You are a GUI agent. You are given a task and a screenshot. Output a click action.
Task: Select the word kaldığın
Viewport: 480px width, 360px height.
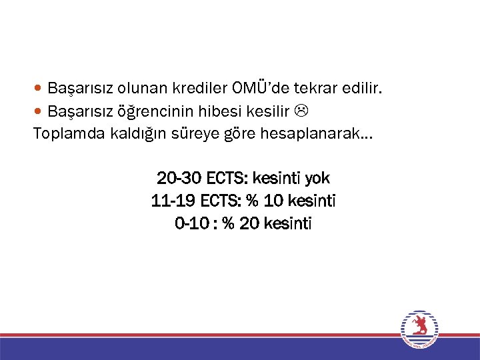point(133,135)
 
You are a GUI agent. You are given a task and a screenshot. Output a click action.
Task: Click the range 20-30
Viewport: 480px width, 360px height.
point(179,179)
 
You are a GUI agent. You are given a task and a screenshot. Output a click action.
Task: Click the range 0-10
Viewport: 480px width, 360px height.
point(191,224)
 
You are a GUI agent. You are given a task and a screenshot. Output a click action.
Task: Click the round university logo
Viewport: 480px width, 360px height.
point(419,329)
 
